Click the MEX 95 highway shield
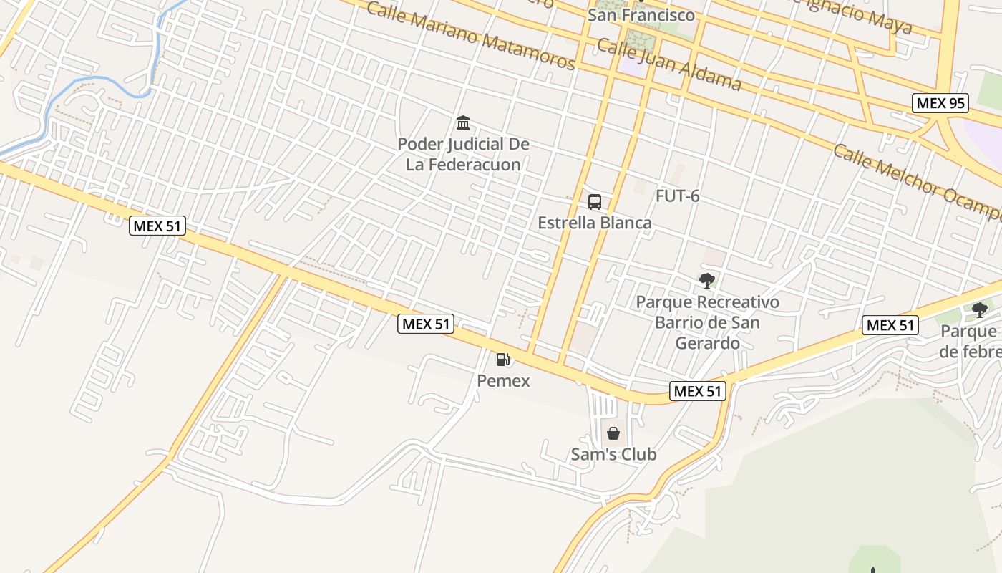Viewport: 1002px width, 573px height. coord(940,103)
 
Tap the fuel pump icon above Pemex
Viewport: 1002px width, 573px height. coord(503,360)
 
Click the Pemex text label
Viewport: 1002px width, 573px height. coord(504,381)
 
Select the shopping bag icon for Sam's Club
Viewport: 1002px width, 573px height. coord(613,433)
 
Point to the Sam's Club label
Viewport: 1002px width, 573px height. coord(613,454)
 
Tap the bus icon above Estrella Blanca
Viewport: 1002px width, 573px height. coord(595,202)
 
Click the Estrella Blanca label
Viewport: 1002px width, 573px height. coord(595,223)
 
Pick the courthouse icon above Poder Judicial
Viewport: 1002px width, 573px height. coord(463,123)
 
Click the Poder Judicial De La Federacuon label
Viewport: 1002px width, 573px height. coord(463,154)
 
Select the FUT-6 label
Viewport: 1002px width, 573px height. coord(677,196)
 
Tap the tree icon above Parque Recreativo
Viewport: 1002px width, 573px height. coord(707,281)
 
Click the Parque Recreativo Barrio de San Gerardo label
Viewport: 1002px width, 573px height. coord(707,322)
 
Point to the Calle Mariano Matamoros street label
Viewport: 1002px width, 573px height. coord(470,35)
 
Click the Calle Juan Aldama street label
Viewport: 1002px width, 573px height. coord(668,64)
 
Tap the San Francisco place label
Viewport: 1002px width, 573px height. coord(641,15)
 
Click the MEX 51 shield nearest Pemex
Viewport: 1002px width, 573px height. coord(426,324)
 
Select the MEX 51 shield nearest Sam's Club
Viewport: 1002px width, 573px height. coord(698,391)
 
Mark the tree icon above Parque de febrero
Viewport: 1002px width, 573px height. coord(979,310)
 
